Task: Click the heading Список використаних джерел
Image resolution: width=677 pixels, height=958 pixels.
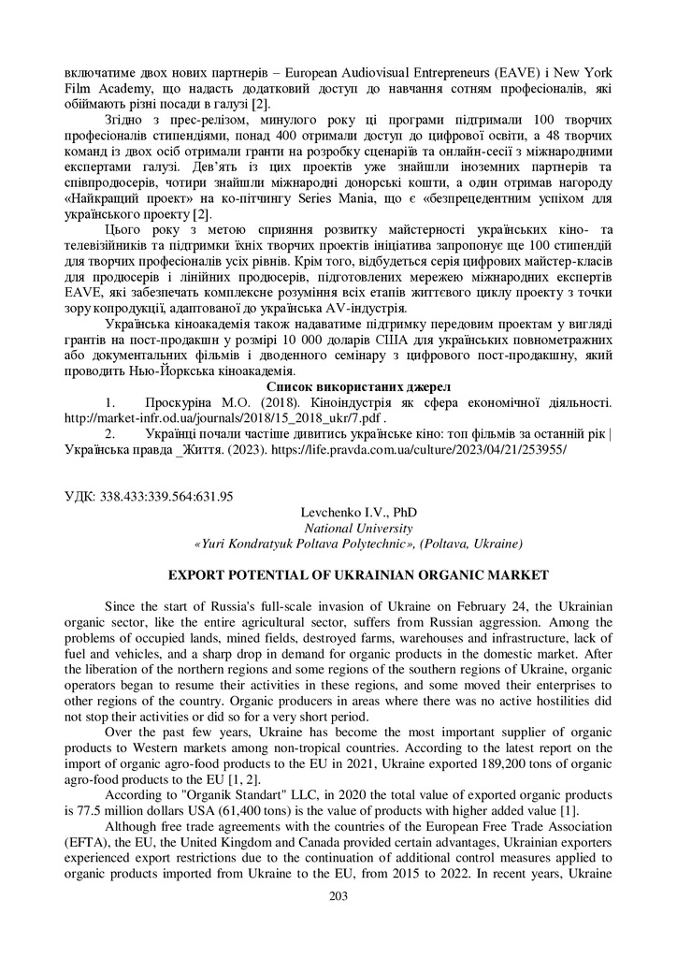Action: [338, 386]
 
